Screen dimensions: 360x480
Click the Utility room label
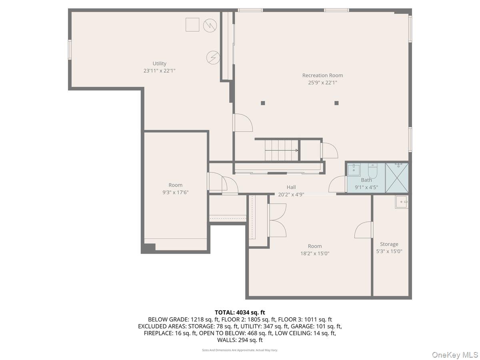pyautogui.click(x=159, y=64)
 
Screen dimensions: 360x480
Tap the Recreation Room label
pyautogui.click(x=322, y=75)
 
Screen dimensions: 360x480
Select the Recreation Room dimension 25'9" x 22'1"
pyautogui.click(x=322, y=83)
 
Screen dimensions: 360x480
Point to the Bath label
pyautogui.click(x=366, y=180)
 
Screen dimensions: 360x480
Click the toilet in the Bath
pyautogui.click(x=372, y=171)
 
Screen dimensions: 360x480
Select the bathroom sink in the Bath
pyautogui.click(x=354, y=170)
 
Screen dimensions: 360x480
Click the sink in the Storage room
pyautogui.click(x=401, y=202)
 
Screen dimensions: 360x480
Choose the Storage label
pyautogui.click(x=389, y=244)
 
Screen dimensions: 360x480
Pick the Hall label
pyautogui.click(x=291, y=187)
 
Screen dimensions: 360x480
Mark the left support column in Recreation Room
pyautogui.click(x=263, y=103)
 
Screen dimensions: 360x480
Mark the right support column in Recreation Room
pyautogui.click(x=336, y=103)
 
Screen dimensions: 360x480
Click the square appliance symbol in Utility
pyautogui.click(x=192, y=25)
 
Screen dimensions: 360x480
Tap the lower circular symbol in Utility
pyautogui.click(x=212, y=58)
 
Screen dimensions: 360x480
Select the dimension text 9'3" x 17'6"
pyautogui.click(x=175, y=192)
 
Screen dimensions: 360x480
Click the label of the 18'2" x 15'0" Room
pyautogui.click(x=314, y=246)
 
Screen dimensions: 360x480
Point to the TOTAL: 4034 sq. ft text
pyautogui.click(x=240, y=312)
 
